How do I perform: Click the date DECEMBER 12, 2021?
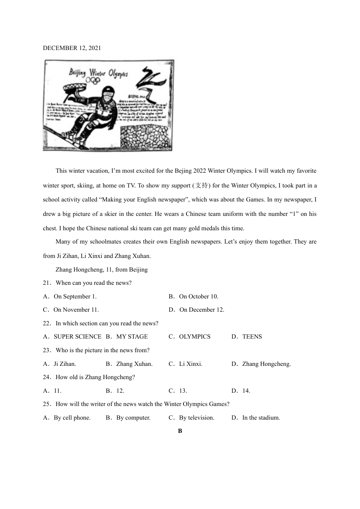pos(72,48)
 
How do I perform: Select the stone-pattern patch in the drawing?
pos(144,137)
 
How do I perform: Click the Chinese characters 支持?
pos(202,185)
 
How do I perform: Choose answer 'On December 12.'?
pos(202,310)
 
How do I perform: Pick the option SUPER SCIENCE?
pos(77,337)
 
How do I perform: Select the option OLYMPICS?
pos(194,337)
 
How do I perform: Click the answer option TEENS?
pos(252,337)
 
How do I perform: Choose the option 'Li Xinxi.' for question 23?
pos(191,364)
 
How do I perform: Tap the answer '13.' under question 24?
pos(183,391)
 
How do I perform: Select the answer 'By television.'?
pos(196,418)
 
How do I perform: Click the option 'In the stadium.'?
pos(261,418)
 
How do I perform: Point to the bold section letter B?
pos(180,431)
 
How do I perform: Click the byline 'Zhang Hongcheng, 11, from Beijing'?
pos(102,270)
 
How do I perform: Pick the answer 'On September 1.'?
pos(75,297)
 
